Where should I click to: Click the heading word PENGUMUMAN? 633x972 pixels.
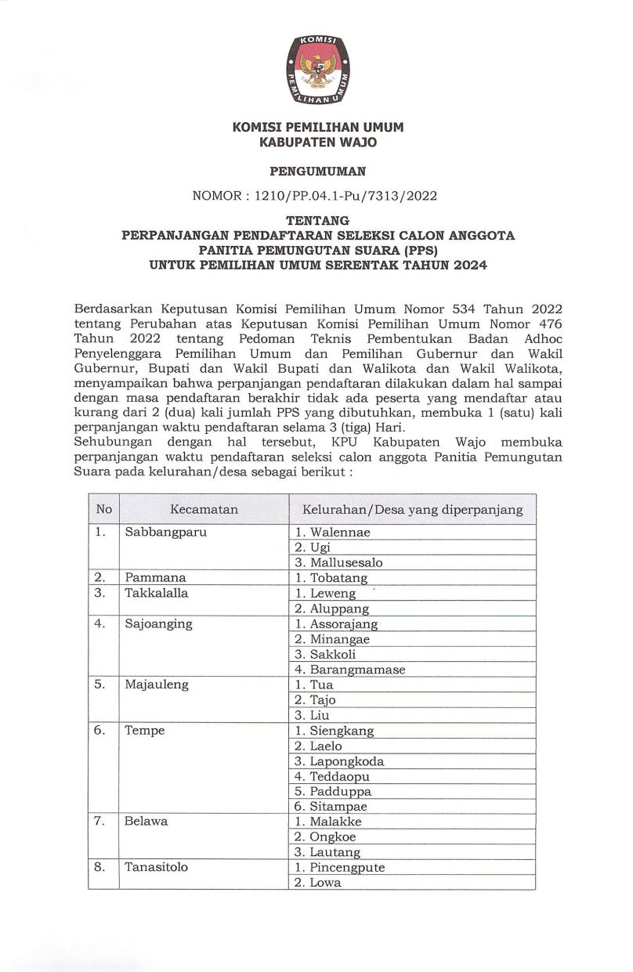click(317, 171)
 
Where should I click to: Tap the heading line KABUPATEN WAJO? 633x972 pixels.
click(317, 143)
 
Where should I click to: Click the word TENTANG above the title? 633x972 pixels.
click(317, 220)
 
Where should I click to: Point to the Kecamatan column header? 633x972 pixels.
click(204, 510)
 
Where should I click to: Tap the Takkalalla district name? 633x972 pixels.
click(157, 593)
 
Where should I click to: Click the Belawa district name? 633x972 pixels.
click(146, 822)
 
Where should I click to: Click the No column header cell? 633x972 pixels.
click(103, 510)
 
